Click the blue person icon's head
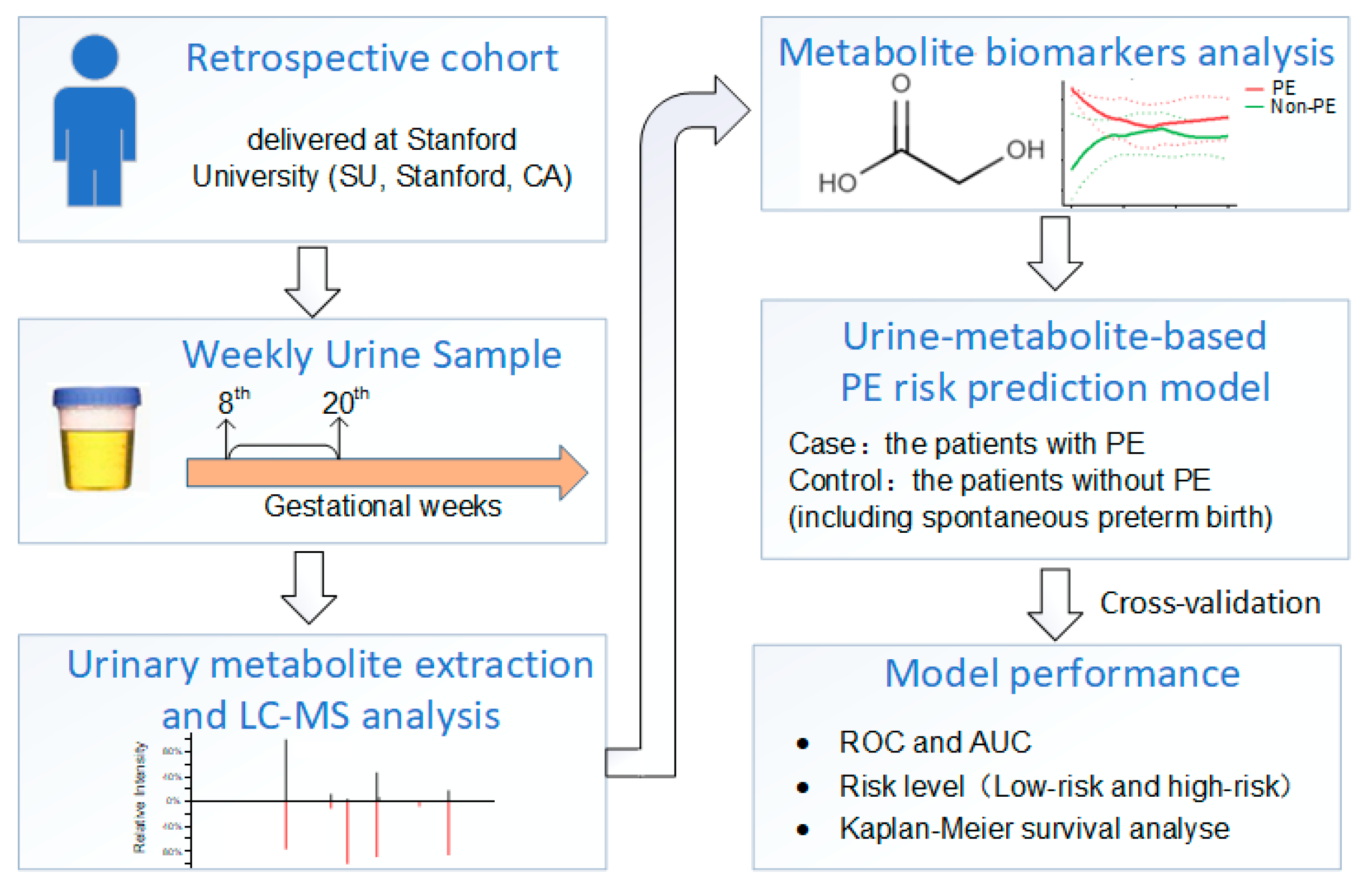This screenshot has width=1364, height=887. click(95, 57)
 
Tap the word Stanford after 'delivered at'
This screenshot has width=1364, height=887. click(461, 139)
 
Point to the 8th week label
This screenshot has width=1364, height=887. click(233, 401)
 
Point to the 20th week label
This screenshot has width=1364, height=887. click(344, 401)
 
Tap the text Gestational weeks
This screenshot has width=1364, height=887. click(382, 506)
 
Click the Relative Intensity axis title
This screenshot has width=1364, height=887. click(139, 797)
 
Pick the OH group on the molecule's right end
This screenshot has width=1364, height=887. click(1025, 150)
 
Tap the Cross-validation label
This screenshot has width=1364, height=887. click(1209, 603)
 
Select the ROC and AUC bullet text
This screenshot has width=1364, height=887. click(934, 742)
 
